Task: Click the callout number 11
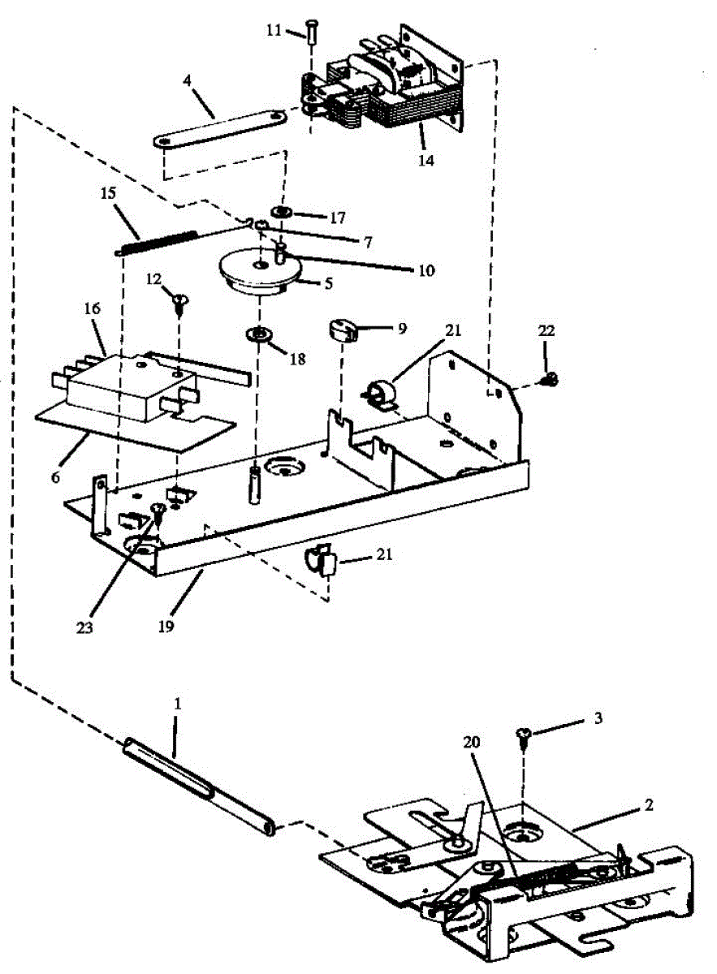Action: pyautogui.click(x=274, y=30)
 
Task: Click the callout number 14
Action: pyautogui.click(x=425, y=160)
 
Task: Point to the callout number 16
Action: pyautogui.click(x=91, y=309)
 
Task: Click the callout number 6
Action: pyautogui.click(x=55, y=478)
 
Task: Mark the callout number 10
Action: pyautogui.click(x=425, y=269)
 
